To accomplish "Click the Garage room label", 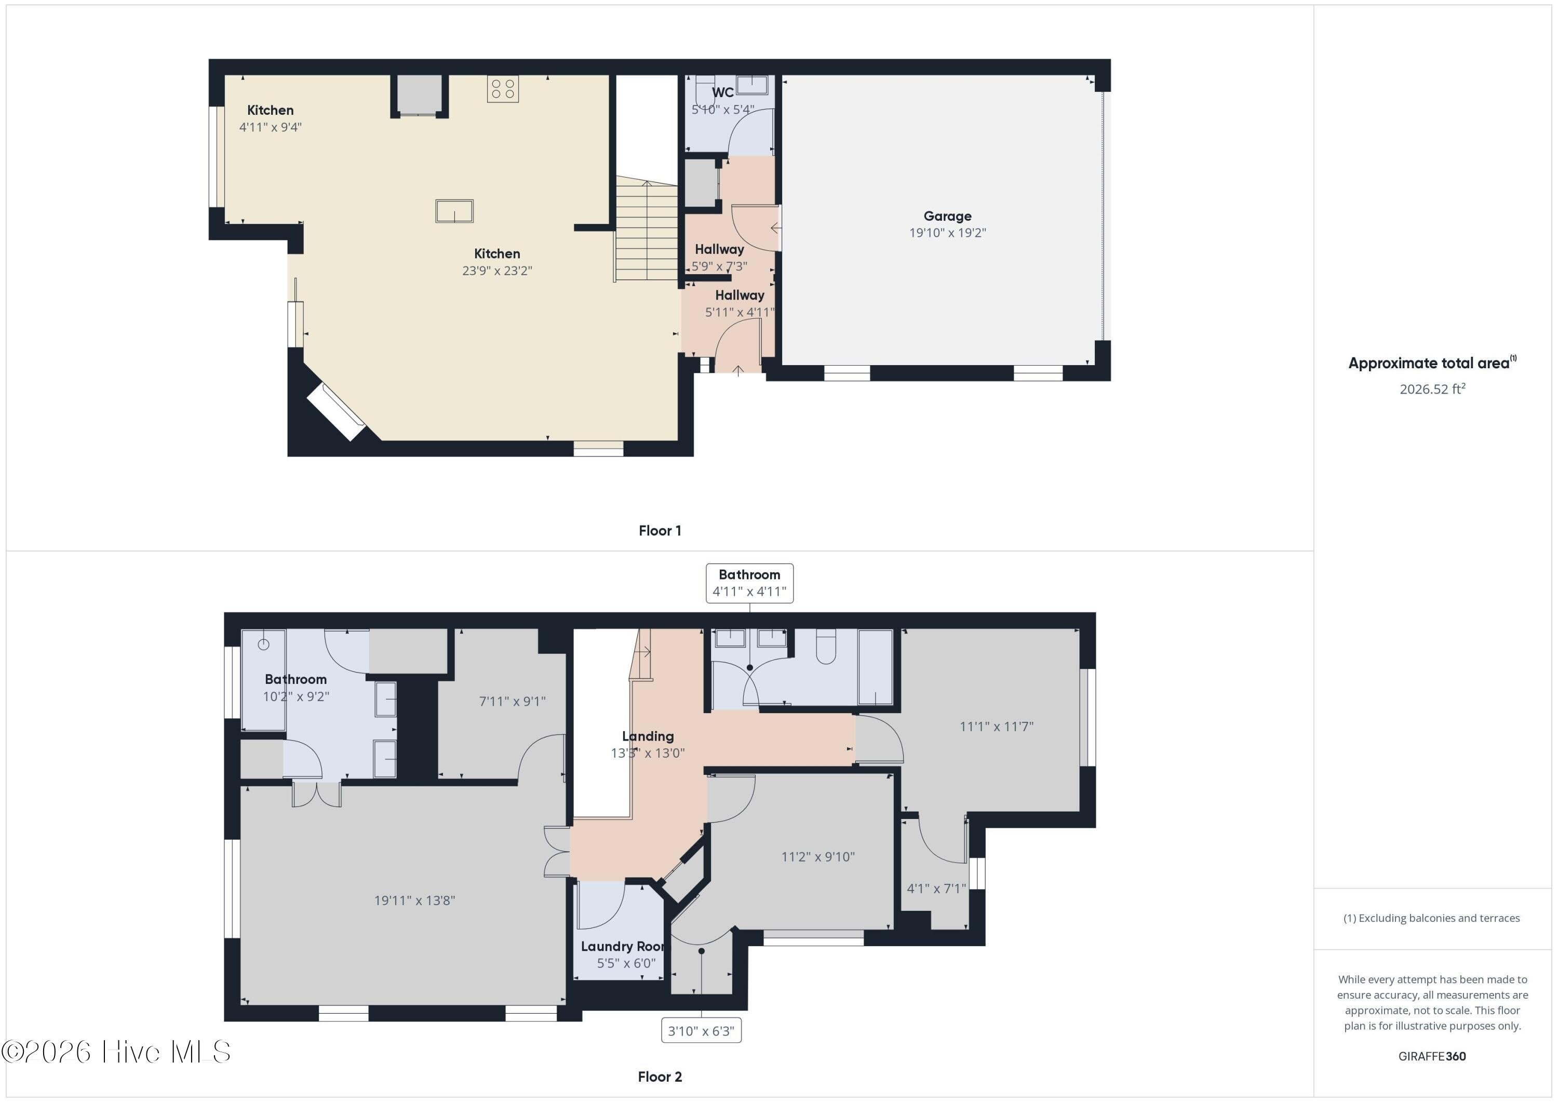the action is [947, 217].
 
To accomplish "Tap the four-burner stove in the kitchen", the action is [503, 89].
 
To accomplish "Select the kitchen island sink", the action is [454, 211].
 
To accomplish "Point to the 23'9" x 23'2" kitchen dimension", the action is [498, 271].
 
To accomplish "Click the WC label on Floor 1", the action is [723, 92].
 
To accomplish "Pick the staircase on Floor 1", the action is [647, 231].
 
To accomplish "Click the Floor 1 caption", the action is [660, 531].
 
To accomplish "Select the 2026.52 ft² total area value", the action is [1432, 389].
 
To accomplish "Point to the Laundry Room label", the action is [622, 946].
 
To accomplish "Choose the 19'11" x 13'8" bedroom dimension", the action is [414, 901].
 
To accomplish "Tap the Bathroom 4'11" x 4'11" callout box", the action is [749, 583].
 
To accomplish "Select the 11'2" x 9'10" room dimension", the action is [817, 856].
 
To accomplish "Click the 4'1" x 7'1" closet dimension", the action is [936, 888].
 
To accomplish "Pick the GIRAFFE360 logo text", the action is [1432, 1056].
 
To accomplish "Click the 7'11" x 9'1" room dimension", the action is [512, 701].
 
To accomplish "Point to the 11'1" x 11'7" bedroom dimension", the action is [996, 726].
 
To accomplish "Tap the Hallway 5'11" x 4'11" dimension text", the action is [740, 312].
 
